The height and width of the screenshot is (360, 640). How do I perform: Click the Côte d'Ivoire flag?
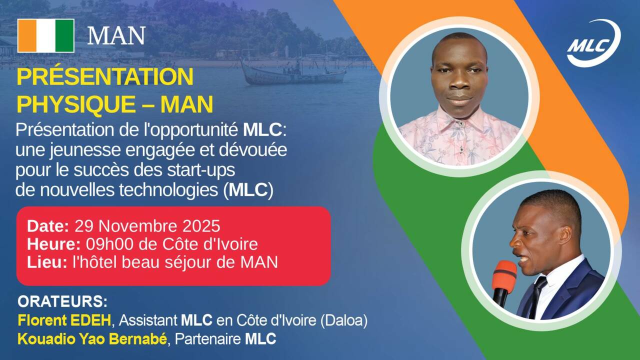coord(46,35)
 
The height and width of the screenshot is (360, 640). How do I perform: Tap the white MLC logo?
coord(593,43)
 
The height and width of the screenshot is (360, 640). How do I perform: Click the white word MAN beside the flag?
coord(116,35)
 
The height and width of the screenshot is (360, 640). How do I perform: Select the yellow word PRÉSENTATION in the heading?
coord(105,76)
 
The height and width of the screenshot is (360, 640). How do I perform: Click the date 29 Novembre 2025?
coord(147,226)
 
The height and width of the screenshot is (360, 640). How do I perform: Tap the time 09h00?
coord(109,244)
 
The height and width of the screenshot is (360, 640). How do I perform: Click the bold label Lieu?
coord(47,262)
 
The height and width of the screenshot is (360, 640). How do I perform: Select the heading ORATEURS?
coord(62,301)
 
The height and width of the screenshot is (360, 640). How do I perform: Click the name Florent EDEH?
coord(64,320)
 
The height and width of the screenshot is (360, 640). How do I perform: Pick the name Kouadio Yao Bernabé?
coord(92,339)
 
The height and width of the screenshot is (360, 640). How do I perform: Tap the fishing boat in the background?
coord(293,73)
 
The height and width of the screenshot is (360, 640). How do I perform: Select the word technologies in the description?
coord(168,190)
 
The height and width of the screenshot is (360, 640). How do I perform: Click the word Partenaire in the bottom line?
coord(207,339)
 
